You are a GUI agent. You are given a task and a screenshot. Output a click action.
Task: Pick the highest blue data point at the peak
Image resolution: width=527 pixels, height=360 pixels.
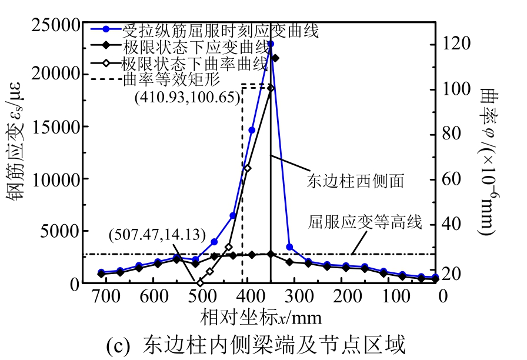(271, 44)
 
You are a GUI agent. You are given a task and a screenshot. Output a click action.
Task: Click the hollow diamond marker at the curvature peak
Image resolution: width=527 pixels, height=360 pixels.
(271, 88)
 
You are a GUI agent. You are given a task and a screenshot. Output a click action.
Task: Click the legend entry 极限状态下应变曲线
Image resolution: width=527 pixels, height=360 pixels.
(195, 46)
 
